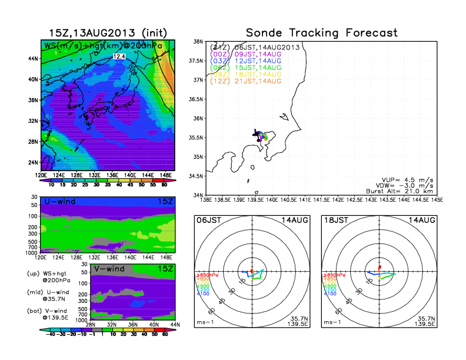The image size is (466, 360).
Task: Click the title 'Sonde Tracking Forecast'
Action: pyautogui.click(x=321, y=33)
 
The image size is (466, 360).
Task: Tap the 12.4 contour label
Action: pyautogui.click(x=119, y=56)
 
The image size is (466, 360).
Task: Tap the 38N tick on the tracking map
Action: pyautogui.click(x=198, y=42)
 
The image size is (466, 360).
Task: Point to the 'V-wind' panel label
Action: pyautogui.click(x=111, y=269)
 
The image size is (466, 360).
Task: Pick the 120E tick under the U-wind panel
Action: pyautogui.click(x=41, y=257)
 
